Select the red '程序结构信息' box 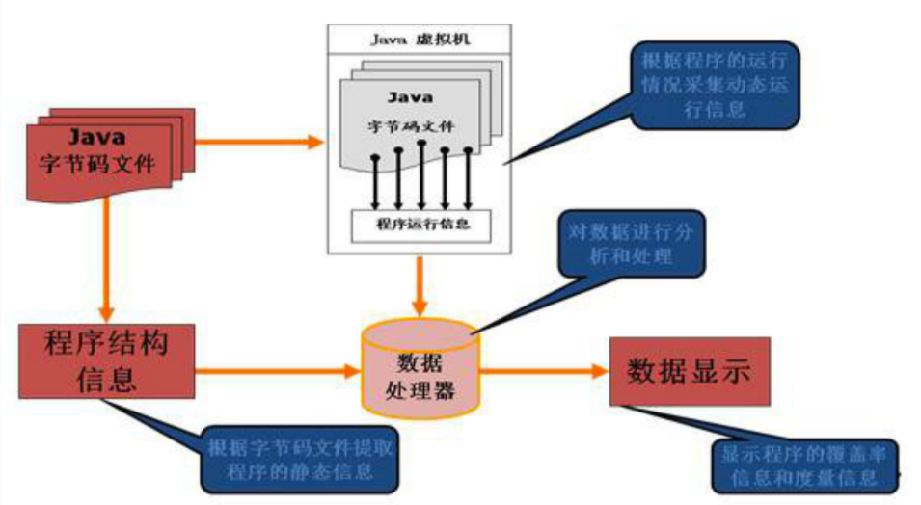pyautogui.click(x=105, y=359)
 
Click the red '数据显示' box pyautogui.click(x=689, y=372)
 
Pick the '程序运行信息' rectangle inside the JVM pyautogui.click(x=420, y=226)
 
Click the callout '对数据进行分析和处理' pyautogui.click(x=633, y=246)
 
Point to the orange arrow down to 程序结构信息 pyautogui.click(x=108, y=260)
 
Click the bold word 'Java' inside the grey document pyautogui.click(x=410, y=97)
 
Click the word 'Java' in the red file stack pyautogui.click(x=96, y=137)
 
